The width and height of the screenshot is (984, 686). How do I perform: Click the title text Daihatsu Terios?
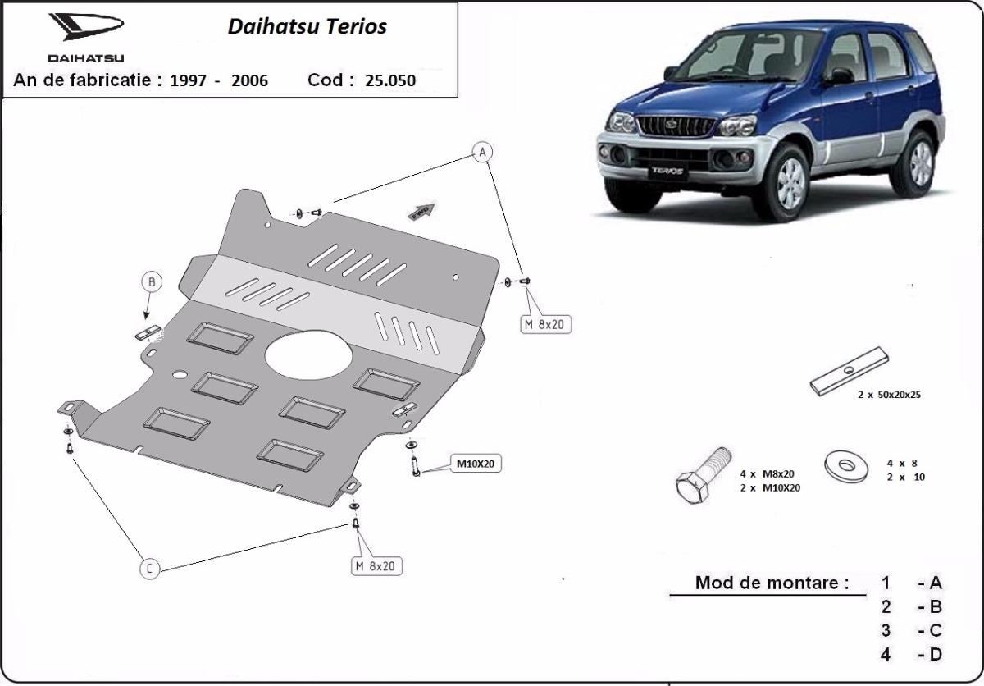[307, 26]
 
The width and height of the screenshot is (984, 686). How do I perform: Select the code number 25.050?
[390, 80]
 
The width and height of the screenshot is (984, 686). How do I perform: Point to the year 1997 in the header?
[189, 80]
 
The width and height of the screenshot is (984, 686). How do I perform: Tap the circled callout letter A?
[482, 152]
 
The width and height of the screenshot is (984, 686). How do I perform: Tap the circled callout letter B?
[151, 282]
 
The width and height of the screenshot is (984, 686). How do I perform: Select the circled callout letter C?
[149, 569]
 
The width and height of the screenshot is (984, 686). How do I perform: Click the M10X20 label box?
[475, 464]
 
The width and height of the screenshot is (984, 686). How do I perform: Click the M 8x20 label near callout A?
[543, 324]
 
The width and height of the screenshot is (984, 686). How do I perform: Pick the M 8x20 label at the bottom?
[375, 565]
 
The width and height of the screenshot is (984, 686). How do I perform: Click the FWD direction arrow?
[423, 210]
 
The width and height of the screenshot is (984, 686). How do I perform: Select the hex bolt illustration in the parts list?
[703, 478]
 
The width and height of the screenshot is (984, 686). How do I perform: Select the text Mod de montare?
[771, 583]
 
